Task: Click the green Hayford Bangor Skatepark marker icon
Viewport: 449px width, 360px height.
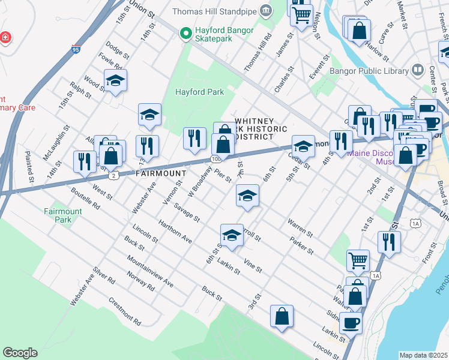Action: pos(187,34)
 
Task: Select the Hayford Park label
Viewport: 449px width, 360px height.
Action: pos(199,92)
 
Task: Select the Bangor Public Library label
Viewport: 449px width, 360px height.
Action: pos(369,71)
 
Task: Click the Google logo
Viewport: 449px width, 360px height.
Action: pos(20,352)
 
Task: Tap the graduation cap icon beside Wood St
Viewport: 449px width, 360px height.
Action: pos(115,80)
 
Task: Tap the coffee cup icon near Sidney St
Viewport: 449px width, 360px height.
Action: pos(351,322)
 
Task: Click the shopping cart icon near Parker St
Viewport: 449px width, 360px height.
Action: pos(358,260)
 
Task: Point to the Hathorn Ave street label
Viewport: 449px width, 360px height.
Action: pos(175,231)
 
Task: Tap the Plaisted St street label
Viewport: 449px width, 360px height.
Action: pos(29,169)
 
